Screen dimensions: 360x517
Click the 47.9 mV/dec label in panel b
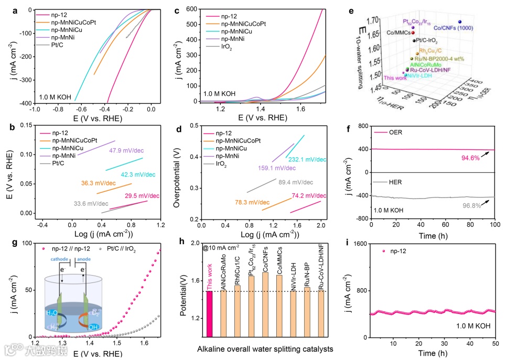[x=126, y=151]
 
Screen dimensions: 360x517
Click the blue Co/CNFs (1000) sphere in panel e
[x=459, y=22]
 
